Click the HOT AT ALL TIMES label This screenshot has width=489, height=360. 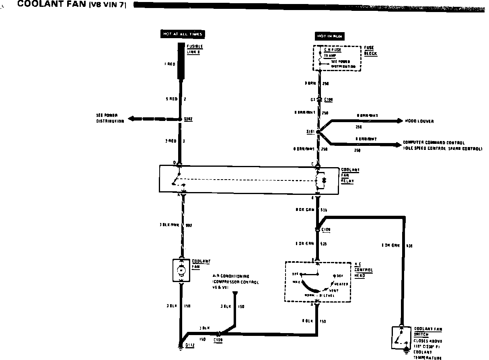pos(182,34)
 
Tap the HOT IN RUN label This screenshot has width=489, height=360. pos(329,37)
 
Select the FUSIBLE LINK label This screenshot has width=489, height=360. pos(195,50)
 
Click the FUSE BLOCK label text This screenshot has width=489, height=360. pos(371,51)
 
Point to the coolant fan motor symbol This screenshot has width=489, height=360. pos(181,270)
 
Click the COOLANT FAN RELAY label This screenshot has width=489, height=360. pos(350,175)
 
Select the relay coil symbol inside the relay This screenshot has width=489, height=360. pos(322,180)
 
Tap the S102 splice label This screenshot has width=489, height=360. pos(188,119)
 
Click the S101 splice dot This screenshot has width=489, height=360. pos(318,132)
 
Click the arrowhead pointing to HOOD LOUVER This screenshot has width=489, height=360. pos(399,121)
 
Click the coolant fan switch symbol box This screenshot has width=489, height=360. pos(401,338)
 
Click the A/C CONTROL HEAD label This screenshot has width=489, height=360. pos(364,270)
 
